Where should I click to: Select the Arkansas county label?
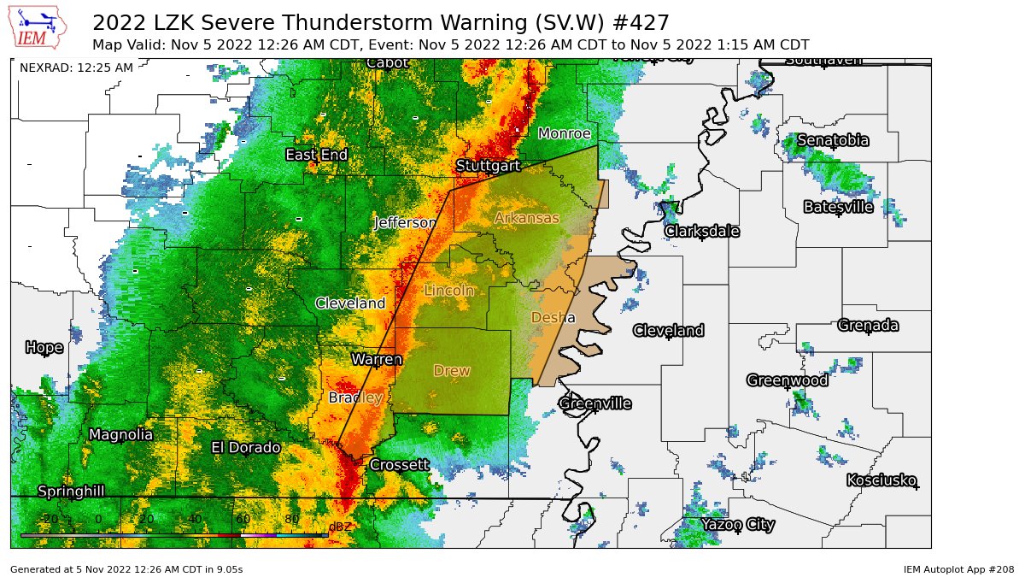[526, 218]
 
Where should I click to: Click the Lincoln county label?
[449, 291]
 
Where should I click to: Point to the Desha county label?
[553, 317]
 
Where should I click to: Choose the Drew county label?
[451, 370]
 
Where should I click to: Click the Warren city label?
[377, 360]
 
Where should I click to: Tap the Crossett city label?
[398, 465]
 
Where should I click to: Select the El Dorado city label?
[246, 447]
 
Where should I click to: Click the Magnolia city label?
[120, 434]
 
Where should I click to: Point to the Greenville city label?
[594, 403]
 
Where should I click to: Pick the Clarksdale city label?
[701, 231]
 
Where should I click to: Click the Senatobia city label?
[833, 140]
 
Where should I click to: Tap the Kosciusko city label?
[881, 480]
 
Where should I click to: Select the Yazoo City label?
[738, 524]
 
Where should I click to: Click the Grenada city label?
[867, 325]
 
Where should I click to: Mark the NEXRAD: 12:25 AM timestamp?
[76, 68]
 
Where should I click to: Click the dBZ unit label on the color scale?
[340, 527]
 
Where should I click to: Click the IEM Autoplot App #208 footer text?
[958, 568]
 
